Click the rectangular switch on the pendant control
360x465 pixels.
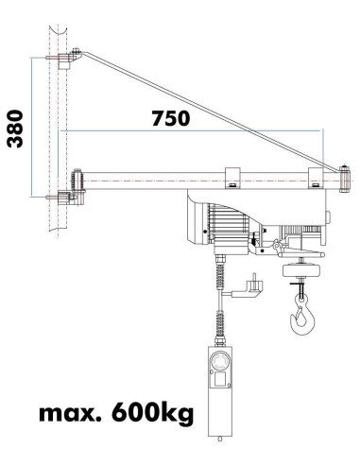(219, 382)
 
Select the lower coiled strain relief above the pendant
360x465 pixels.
(219, 327)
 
